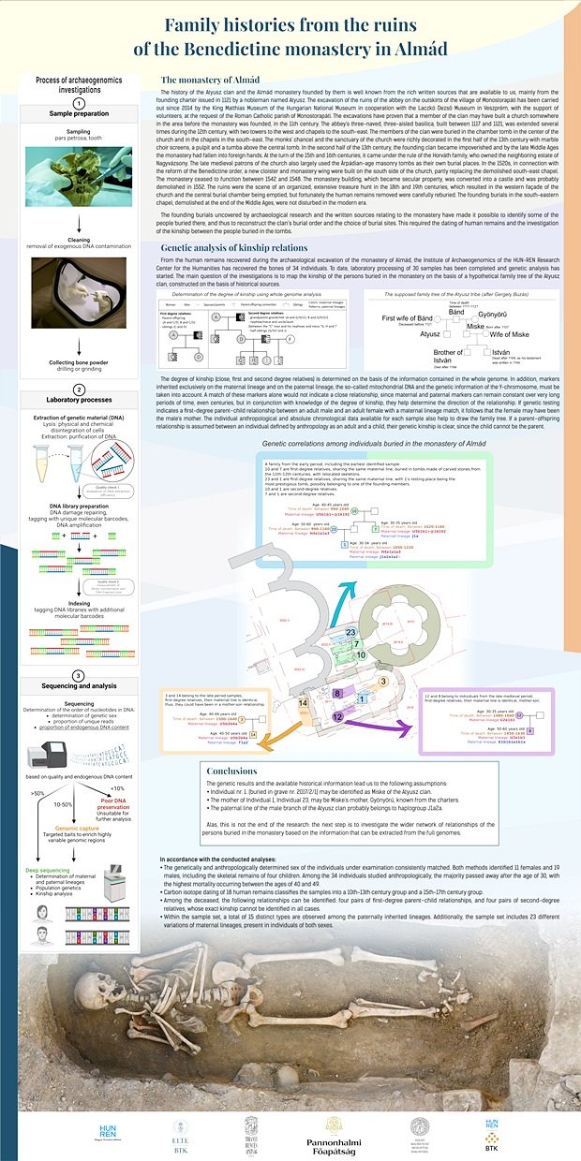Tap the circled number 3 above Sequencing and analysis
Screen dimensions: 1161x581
click(80, 674)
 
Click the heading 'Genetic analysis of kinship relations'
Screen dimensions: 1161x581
click(234, 248)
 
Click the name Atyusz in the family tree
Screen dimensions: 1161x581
click(430, 333)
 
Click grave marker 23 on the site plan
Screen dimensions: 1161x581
click(350, 633)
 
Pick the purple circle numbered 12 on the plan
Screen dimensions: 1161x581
click(335, 716)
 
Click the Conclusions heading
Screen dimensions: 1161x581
click(231, 771)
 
